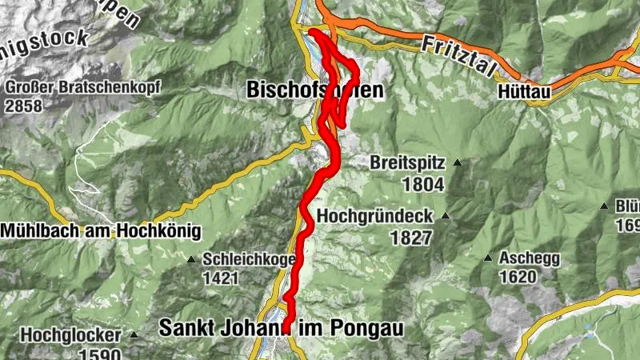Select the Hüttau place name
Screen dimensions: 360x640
(525, 93)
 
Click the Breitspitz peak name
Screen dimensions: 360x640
(407, 162)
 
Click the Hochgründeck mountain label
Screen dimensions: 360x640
(374, 216)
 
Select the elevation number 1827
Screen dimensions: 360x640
(411, 238)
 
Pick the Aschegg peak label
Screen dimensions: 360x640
(529, 258)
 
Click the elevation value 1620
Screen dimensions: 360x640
(517, 278)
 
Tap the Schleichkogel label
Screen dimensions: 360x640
(249, 259)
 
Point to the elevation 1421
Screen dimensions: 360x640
(222, 278)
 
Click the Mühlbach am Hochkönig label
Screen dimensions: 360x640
(99, 230)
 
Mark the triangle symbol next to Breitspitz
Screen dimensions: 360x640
(458, 163)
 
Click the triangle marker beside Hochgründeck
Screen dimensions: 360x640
(446, 216)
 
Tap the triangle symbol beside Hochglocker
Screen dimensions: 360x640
(134, 334)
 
